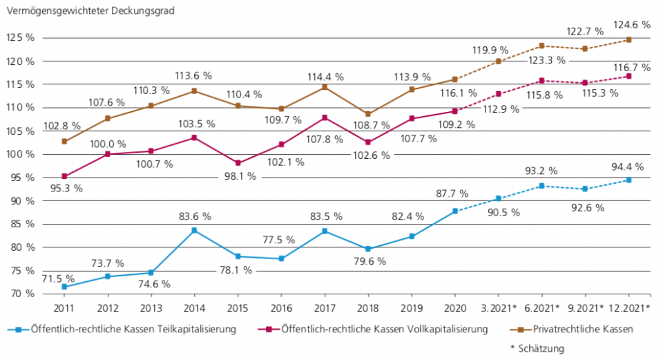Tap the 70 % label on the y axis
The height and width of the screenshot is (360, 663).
coord(21,294)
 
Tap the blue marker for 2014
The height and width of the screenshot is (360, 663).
coord(195,230)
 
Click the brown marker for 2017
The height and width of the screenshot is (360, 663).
coord(325,87)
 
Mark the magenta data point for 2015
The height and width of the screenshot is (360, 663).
coord(238,163)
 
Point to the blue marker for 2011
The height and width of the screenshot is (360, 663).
coord(64,287)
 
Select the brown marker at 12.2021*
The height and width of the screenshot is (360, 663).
coord(628,39)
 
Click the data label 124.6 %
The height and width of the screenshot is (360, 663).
coord(631,24)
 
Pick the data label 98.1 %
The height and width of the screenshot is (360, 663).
coord(239,176)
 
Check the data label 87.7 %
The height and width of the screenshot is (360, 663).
coord(452,194)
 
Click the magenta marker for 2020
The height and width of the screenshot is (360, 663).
coord(454,111)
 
